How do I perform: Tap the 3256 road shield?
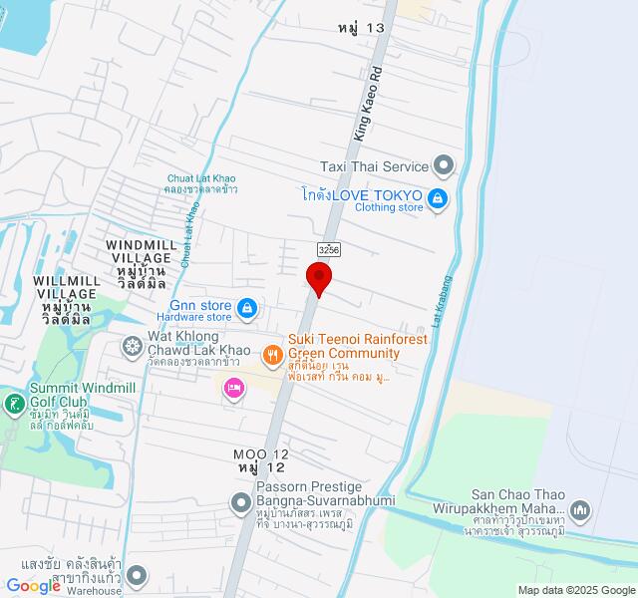[x=329, y=248]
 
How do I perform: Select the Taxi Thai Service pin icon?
[x=446, y=165]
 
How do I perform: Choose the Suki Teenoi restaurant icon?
[x=272, y=354]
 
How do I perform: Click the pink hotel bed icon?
[x=234, y=387]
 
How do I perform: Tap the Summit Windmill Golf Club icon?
[x=15, y=404]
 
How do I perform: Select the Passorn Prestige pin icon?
[x=240, y=505]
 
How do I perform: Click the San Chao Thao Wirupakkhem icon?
[x=582, y=512]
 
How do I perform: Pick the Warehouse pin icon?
[x=137, y=575]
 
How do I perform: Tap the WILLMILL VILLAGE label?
[x=67, y=287]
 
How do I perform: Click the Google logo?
[x=34, y=586]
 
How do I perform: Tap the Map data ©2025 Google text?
[x=574, y=590]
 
